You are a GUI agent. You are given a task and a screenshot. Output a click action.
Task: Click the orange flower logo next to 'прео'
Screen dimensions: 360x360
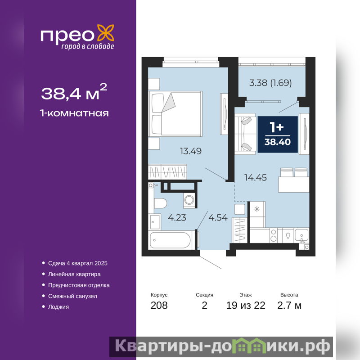point(106,33)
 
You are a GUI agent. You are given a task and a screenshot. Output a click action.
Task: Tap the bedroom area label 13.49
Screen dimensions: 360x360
point(190,151)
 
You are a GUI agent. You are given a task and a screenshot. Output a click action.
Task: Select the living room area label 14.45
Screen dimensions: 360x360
point(255,177)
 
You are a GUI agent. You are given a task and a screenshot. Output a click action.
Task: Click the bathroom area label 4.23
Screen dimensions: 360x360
point(177,217)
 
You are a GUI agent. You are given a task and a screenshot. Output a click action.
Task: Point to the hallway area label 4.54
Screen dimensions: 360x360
point(218,217)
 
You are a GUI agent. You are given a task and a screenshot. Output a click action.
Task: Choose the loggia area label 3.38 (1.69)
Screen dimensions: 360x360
point(270,83)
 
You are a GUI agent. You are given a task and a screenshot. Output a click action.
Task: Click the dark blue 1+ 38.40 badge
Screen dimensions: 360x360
point(278,134)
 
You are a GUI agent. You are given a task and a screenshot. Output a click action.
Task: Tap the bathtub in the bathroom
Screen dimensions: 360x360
point(171,240)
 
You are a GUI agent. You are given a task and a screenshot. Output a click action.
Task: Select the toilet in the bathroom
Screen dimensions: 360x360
point(160,203)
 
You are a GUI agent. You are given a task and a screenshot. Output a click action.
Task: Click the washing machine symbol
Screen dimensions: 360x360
point(189,200)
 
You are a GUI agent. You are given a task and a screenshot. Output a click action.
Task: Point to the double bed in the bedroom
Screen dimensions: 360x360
point(175,114)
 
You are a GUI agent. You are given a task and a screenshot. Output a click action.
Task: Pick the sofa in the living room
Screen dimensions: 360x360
point(245,134)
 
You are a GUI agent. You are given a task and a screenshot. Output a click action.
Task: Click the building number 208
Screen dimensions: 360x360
point(159,306)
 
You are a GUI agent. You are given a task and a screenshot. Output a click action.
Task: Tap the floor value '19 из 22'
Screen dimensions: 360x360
point(246,306)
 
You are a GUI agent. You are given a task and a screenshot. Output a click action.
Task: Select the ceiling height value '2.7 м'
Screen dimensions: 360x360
point(289,306)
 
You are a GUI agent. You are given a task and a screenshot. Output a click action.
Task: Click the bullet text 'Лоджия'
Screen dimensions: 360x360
point(58,307)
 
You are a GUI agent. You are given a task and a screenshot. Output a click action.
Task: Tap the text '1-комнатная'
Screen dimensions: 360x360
point(74,113)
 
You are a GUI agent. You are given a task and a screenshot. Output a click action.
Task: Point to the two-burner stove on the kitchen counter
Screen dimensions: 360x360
point(274,235)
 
